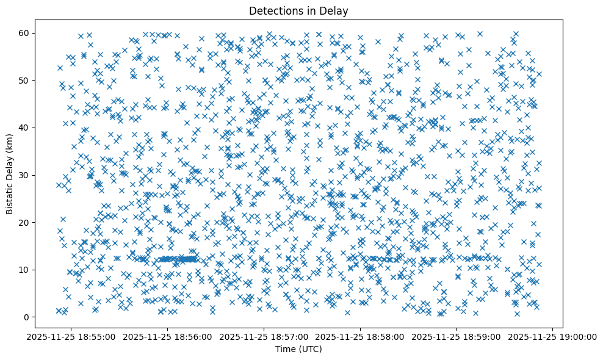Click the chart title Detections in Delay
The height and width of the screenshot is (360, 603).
click(x=299, y=10)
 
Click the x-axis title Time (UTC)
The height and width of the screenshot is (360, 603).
click(x=299, y=349)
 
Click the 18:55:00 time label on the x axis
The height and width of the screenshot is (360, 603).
click(x=72, y=336)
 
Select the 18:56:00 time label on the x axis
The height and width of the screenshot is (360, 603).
click(x=168, y=336)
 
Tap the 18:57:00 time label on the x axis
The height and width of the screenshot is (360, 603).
click(x=264, y=336)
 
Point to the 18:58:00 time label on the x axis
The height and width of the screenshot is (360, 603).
click(x=360, y=336)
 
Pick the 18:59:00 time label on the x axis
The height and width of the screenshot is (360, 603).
click(x=457, y=336)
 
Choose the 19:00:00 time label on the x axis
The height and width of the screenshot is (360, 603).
click(x=552, y=336)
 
